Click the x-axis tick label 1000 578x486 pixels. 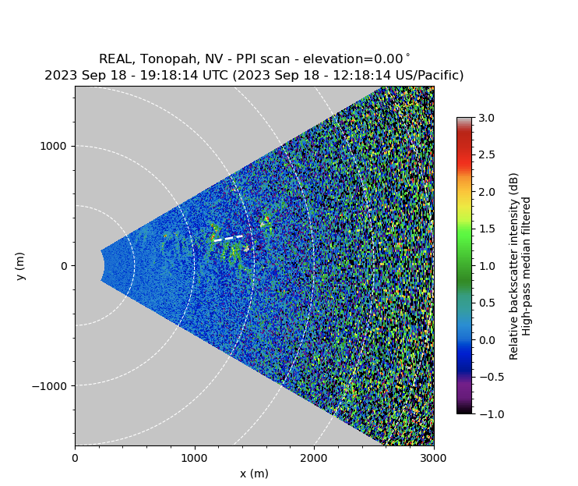(x=194, y=459)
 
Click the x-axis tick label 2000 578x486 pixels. (x=314, y=459)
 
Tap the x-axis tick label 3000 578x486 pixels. (x=433, y=459)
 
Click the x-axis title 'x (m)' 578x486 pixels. (x=254, y=474)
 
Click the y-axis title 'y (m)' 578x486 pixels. (x=21, y=266)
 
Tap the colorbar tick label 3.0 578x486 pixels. (x=488, y=118)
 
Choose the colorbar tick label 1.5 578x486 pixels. (x=488, y=229)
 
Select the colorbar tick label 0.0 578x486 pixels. (x=488, y=340)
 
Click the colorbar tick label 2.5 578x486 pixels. (x=488, y=154)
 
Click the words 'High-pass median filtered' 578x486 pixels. (x=527, y=266)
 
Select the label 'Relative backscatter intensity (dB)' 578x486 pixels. (x=513, y=266)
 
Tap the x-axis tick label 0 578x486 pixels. (x=75, y=459)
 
